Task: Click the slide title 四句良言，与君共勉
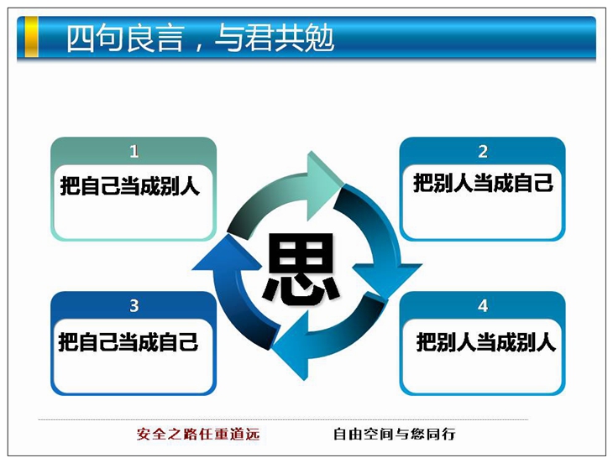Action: coord(200,38)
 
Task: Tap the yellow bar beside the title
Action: coord(32,37)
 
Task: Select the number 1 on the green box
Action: coord(134,152)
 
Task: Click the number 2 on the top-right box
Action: coord(483,152)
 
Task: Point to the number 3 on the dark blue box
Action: coord(134,305)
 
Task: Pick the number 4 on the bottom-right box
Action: coord(483,305)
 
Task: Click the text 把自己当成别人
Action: coord(130,186)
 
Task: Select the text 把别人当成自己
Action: coord(483,183)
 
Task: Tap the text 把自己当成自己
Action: coord(128,342)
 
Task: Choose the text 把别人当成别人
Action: coord(486,342)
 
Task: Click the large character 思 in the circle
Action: coord(301,268)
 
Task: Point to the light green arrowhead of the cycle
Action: coord(322,186)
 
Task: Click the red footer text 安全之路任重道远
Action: coord(198,434)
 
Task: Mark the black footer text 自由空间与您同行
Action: coord(395,434)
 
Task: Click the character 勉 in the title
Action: coord(320,38)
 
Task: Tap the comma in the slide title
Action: coord(199,46)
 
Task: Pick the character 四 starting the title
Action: coord(80,39)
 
